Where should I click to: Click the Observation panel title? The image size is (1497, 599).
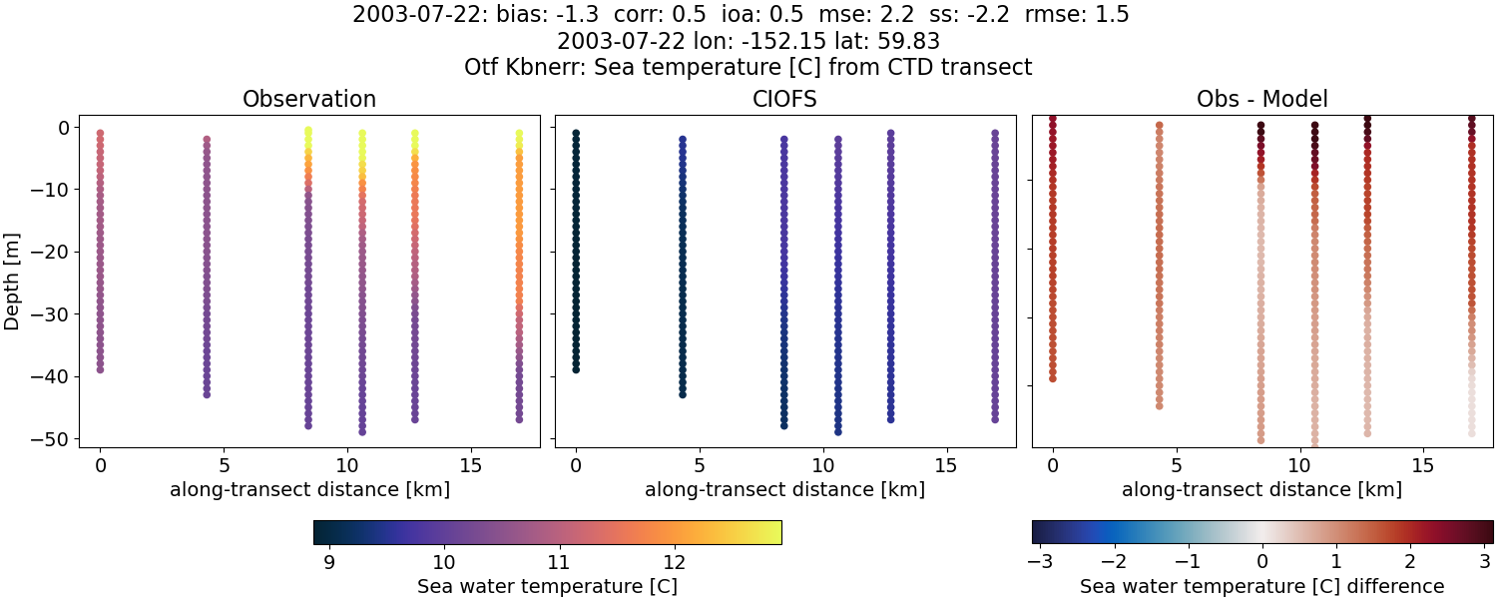coord(309,100)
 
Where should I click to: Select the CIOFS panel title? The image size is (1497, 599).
coord(784,100)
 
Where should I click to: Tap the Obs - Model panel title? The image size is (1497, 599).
coord(1261,100)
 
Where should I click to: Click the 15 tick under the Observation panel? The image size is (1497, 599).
coord(470,465)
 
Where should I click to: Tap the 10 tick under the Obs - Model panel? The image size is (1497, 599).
coord(1299,465)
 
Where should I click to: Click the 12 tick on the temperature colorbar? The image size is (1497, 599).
coord(675,562)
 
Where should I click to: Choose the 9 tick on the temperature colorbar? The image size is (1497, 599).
coord(329,562)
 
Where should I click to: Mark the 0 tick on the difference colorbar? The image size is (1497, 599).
coord(1262,562)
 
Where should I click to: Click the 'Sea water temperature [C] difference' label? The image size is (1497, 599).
coord(1261,587)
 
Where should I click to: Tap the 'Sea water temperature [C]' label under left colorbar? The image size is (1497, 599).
coord(547,587)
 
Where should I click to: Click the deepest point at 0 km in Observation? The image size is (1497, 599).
coord(100,369)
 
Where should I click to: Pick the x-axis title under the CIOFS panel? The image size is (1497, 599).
coord(784,490)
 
